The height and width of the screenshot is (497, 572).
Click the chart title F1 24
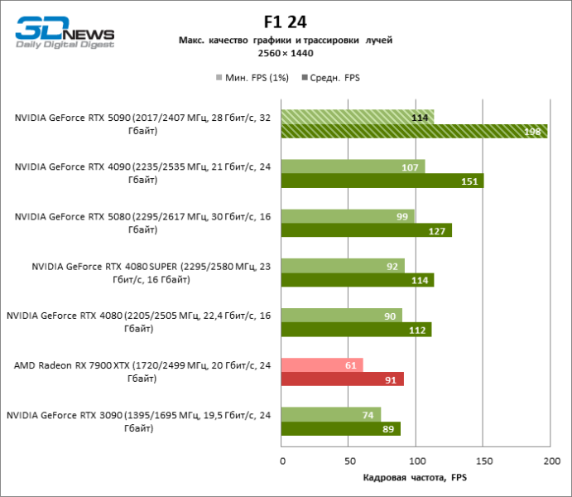point(286,22)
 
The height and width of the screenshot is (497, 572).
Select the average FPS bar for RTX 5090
point(414,131)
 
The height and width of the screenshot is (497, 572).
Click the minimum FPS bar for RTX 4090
point(353,166)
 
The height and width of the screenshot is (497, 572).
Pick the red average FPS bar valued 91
point(343,379)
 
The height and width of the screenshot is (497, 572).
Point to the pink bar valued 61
point(322,364)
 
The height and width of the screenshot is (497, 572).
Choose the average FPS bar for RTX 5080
point(367,230)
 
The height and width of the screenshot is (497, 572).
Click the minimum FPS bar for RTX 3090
point(331,414)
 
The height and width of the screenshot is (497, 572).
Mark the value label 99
point(403,216)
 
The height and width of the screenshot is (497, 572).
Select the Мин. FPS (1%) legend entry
point(249,78)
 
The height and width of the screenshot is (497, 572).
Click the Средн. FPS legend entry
point(331,78)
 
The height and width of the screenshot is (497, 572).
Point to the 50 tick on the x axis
point(349,461)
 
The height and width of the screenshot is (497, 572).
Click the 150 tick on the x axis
point(483,461)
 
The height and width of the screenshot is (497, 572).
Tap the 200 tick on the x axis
point(550,461)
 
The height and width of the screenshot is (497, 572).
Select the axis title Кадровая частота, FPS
point(416,478)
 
